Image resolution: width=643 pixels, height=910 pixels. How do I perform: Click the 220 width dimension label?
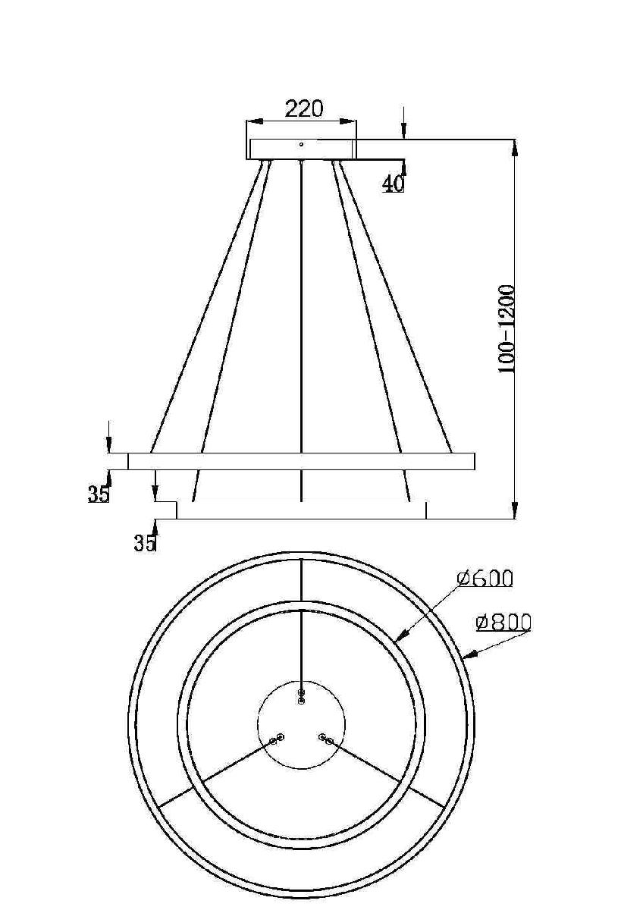(303, 108)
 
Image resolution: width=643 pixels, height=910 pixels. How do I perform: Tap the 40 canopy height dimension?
(393, 184)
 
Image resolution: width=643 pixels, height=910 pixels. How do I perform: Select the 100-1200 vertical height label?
(507, 328)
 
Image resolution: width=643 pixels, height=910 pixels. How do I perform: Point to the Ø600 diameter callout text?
(485, 579)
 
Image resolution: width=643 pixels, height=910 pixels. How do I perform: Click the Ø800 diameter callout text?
(503, 623)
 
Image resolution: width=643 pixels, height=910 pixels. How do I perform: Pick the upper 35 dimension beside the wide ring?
(98, 494)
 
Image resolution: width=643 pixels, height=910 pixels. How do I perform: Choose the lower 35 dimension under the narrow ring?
(144, 543)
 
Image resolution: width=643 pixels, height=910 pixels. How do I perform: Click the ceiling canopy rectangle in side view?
(301, 149)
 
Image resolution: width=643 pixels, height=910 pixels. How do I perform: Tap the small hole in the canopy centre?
(301, 144)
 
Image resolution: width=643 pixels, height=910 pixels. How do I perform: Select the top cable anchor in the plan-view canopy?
(302, 697)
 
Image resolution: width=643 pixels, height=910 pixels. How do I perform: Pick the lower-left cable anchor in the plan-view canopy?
(277, 739)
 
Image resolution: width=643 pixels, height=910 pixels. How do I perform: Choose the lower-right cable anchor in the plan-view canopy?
(326, 739)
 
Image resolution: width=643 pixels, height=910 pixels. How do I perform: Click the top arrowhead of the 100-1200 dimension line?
(514, 144)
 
